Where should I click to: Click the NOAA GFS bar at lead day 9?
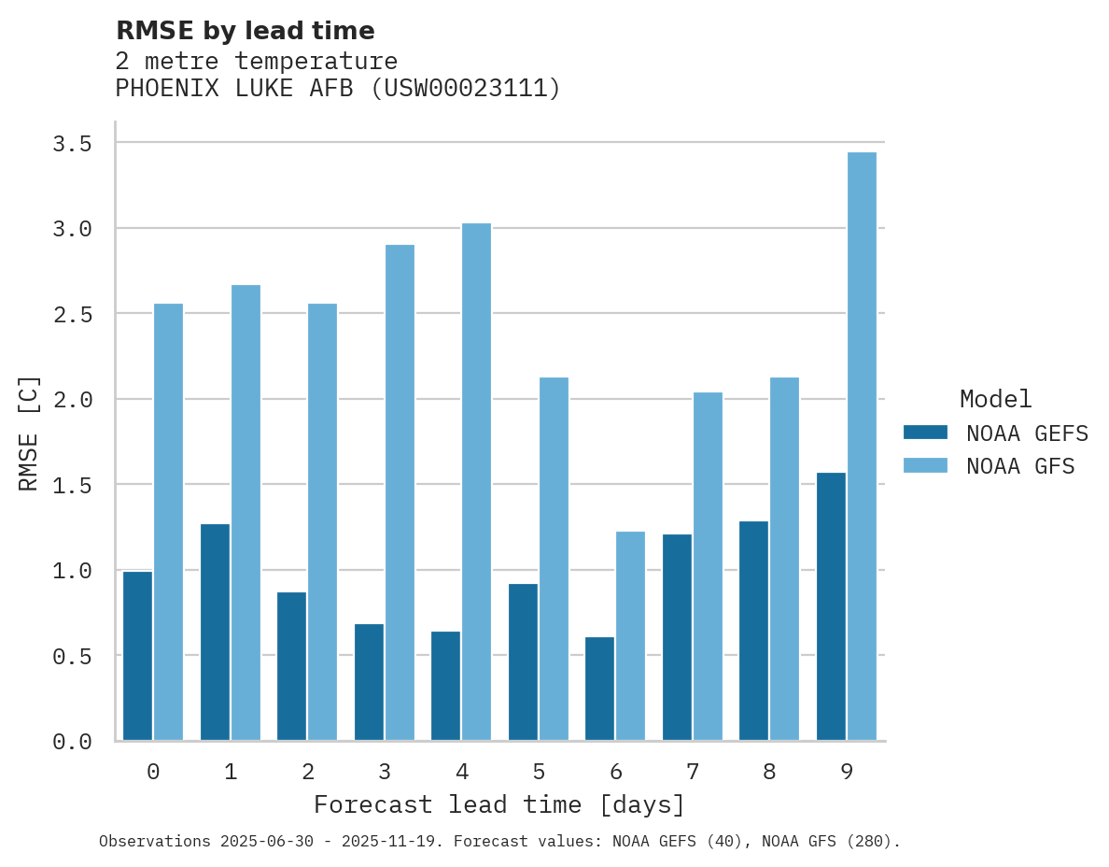(862, 447)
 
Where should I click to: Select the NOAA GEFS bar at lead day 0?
(137, 656)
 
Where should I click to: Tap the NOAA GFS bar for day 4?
(476, 482)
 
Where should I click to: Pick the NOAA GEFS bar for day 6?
(599, 689)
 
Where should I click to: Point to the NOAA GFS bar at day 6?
(630, 636)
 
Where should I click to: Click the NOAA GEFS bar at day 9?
(831, 606)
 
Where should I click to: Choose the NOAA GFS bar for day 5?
(554, 559)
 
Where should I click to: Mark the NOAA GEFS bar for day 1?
(215, 632)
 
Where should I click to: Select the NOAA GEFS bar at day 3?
(369, 682)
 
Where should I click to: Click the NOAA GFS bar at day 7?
(708, 566)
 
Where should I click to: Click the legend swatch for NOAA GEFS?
(925, 433)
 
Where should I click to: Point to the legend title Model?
(995, 399)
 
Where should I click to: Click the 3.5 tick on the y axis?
(72, 144)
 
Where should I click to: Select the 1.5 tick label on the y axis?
(72, 485)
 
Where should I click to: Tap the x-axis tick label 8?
(769, 772)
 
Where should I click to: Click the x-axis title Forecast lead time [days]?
(499, 804)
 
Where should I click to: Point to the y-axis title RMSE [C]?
(29, 433)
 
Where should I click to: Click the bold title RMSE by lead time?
(245, 31)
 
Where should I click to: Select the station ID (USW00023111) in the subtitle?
(466, 89)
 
